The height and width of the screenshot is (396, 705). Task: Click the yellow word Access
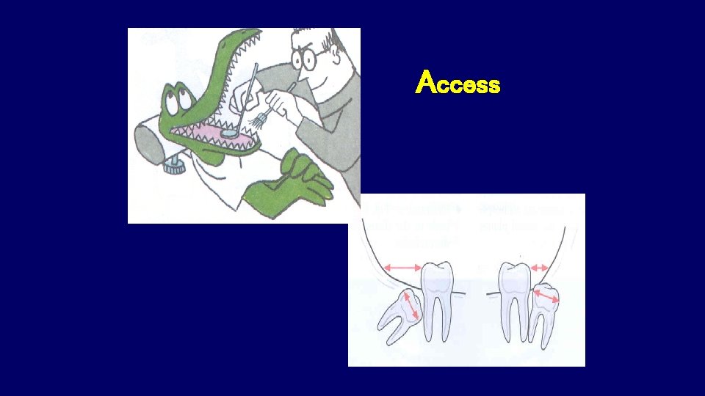click(x=458, y=84)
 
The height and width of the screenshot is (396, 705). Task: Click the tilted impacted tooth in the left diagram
click(x=401, y=312)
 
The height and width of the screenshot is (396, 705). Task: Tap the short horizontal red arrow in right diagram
click(x=540, y=268)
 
